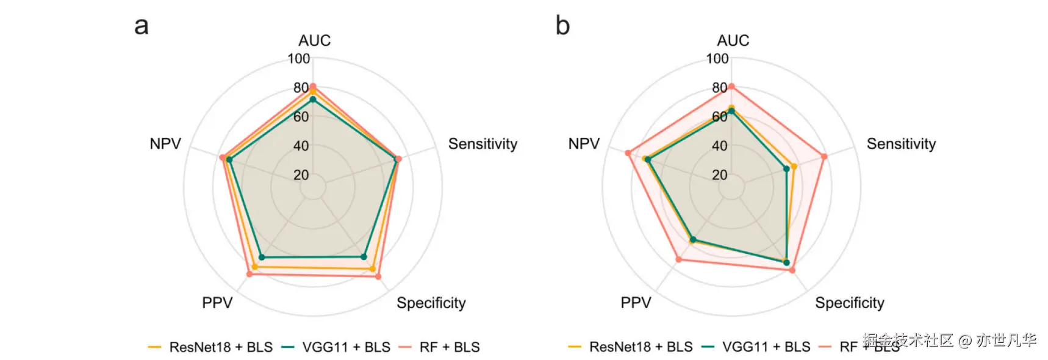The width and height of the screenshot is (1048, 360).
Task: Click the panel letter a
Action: pos(142,26)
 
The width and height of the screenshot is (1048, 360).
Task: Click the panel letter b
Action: pos(562,26)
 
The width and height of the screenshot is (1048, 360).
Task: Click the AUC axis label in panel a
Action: pos(314,40)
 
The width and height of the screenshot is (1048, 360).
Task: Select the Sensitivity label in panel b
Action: pos(901,144)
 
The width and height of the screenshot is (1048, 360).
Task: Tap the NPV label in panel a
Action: pos(165,144)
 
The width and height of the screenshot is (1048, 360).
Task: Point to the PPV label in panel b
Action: pos(636,303)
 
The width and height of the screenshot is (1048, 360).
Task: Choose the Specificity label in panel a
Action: pos(431,303)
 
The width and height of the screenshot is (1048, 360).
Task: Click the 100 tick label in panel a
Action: pos(299,59)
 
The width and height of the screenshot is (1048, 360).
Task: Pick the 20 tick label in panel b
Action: pos(720,175)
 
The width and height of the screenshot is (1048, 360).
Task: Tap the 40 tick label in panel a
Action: pos(301,146)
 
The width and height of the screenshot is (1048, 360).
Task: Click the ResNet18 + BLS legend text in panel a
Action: pos(221,347)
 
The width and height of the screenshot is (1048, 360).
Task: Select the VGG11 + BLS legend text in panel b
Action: pos(766,347)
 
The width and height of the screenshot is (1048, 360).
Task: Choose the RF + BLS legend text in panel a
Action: pos(450,347)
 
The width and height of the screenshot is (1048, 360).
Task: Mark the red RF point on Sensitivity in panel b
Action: pos(824,157)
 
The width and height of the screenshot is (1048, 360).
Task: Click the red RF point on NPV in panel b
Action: pos(628,153)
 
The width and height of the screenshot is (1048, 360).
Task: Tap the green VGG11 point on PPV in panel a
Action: pos(262,257)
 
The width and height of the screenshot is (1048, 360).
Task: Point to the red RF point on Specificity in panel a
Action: pos(378,276)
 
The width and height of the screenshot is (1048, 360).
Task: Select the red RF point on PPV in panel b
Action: pos(679,260)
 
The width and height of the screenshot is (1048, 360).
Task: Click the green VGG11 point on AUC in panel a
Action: pos(313,99)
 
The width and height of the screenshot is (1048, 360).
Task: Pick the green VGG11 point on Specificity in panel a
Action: pos(364,257)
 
